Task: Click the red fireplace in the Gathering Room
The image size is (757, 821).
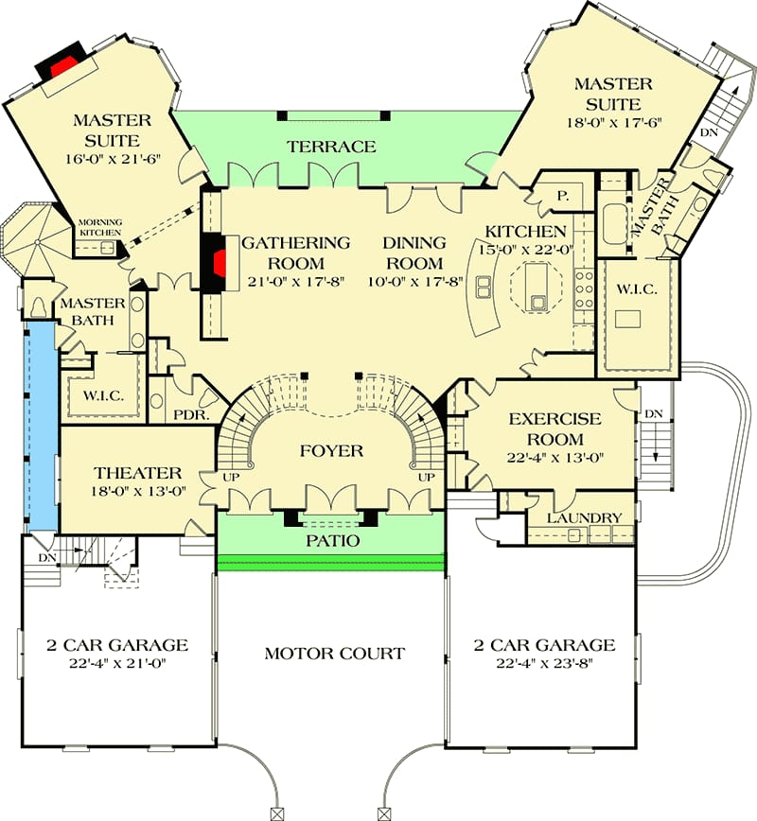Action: pyautogui.click(x=218, y=261)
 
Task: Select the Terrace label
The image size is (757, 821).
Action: pyautogui.click(x=332, y=147)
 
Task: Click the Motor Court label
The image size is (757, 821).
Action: pyautogui.click(x=334, y=653)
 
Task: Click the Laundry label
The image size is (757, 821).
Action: pyautogui.click(x=585, y=517)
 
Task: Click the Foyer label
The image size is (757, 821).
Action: pyautogui.click(x=332, y=450)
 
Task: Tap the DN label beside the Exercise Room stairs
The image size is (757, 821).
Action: pyautogui.click(x=652, y=414)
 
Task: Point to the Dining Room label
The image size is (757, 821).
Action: pyautogui.click(x=414, y=253)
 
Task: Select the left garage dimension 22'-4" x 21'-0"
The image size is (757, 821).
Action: pyautogui.click(x=118, y=665)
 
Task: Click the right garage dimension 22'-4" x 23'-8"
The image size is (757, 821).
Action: pyautogui.click(x=544, y=665)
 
